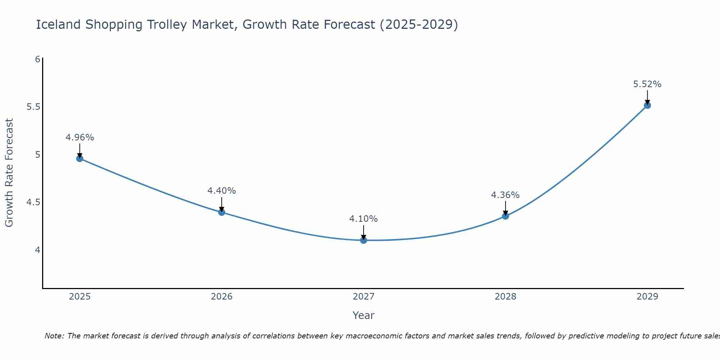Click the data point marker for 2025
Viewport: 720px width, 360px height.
pos(80,158)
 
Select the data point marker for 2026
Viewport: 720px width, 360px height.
pos(222,212)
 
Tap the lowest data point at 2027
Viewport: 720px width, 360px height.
pos(364,240)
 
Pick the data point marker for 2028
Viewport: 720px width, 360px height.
pos(505,216)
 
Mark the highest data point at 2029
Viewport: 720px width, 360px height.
pos(647,105)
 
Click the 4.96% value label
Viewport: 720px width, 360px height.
pos(80,138)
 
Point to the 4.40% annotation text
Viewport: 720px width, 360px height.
pos(222,191)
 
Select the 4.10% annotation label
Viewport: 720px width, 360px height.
pos(364,219)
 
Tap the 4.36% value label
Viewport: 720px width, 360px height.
pos(505,195)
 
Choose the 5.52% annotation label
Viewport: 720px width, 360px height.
pos(647,84)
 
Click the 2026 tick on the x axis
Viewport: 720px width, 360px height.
pos(222,297)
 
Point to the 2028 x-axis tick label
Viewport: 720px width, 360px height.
pos(505,297)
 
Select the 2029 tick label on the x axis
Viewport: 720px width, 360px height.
pos(647,297)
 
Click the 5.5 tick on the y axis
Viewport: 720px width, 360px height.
pos(33,107)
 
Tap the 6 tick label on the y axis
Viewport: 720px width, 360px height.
pos(37,59)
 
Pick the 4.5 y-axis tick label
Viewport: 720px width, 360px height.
pos(33,202)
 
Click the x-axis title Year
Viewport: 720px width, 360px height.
pos(364,315)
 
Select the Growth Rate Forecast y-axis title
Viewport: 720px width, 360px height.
pos(9,173)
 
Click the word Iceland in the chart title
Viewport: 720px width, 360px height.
pos(58,24)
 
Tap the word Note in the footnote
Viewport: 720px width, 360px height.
pos(54,336)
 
